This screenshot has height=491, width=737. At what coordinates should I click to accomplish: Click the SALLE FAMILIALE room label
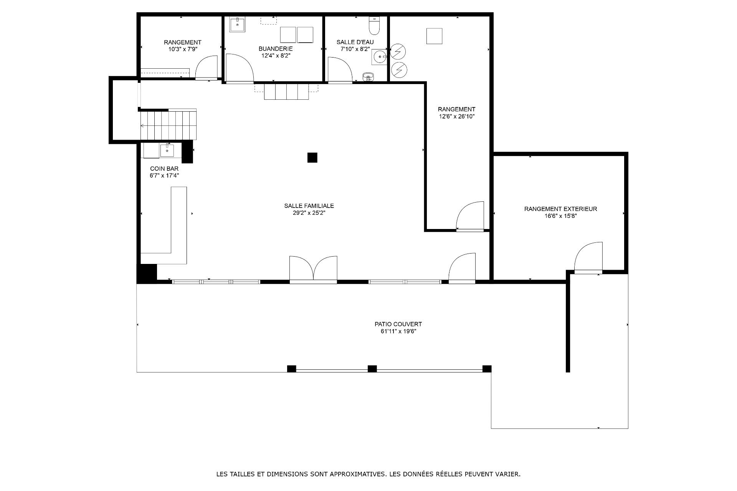pos(309,206)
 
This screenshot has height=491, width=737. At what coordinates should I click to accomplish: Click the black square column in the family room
pos(312,158)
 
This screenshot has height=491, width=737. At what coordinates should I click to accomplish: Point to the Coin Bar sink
pos(167,150)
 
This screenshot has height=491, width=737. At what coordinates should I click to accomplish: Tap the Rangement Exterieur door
pos(588,258)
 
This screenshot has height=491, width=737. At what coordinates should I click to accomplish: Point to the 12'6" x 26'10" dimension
pos(457,117)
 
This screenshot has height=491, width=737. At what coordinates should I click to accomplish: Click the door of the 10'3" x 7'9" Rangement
pos(207,68)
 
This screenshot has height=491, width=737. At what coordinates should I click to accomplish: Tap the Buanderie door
pos(240,68)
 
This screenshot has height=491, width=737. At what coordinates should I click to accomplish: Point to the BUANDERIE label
pos(276,49)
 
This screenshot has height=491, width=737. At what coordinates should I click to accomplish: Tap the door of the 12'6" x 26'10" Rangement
pos(470,216)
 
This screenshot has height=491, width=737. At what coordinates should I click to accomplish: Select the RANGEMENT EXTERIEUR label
pos(560,209)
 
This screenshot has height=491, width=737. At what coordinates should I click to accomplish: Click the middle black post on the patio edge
pos(372,369)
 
